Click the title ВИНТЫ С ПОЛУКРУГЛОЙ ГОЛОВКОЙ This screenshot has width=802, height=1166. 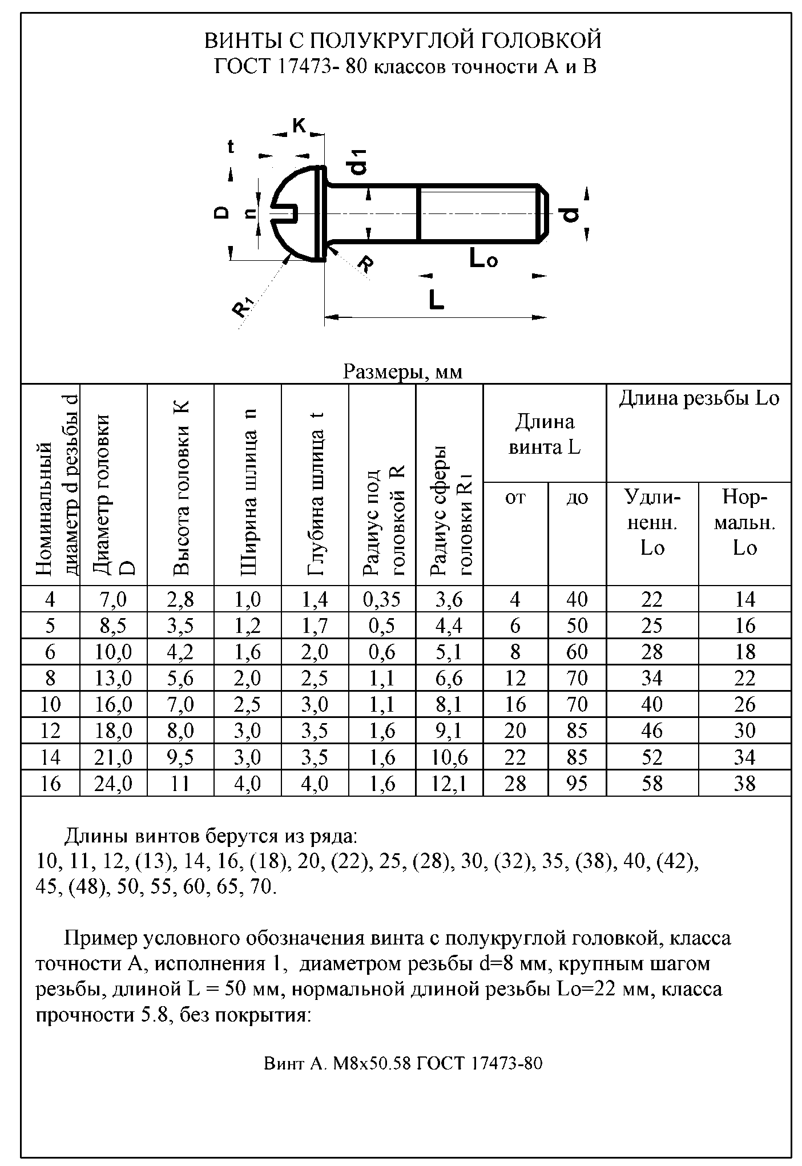click(x=402, y=41)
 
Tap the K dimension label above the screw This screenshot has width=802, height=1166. click(x=299, y=125)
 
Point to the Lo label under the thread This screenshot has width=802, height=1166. click(x=483, y=259)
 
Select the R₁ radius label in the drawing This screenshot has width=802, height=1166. click(x=243, y=307)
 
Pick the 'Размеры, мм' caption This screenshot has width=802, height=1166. click(x=402, y=372)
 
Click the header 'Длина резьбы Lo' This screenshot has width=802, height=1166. click(x=699, y=398)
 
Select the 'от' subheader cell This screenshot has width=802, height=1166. click(x=515, y=498)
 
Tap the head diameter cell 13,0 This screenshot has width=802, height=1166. click(x=113, y=678)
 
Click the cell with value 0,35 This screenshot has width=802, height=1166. click(x=382, y=599)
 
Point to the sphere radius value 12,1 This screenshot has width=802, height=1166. click(x=449, y=784)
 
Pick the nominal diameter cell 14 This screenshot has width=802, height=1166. click(x=50, y=757)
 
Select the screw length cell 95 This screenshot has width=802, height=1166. click(x=577, y=784)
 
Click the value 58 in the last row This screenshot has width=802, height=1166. click(x=652, y=784)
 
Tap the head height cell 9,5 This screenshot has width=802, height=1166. click(x=180, y=757)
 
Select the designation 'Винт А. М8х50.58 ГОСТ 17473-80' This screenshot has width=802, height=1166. click(x=402, y=1063)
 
